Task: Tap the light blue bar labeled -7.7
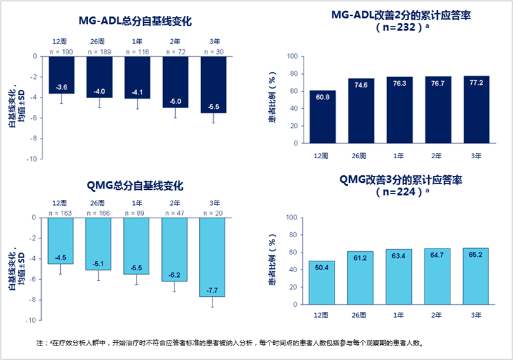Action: tap(212, 256)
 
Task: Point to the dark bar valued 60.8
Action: tap(323, 116)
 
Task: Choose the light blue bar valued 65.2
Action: tap(476, 275)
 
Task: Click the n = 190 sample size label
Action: tap(61, 51)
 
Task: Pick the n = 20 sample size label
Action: tap(213, 213)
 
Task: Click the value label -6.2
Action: tap(175, 275)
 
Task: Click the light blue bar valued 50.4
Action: tap(323, 282)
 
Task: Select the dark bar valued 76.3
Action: tap(399, 109)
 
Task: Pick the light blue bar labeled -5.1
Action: tap(98, 244)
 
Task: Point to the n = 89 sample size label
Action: tap(137, 213)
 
